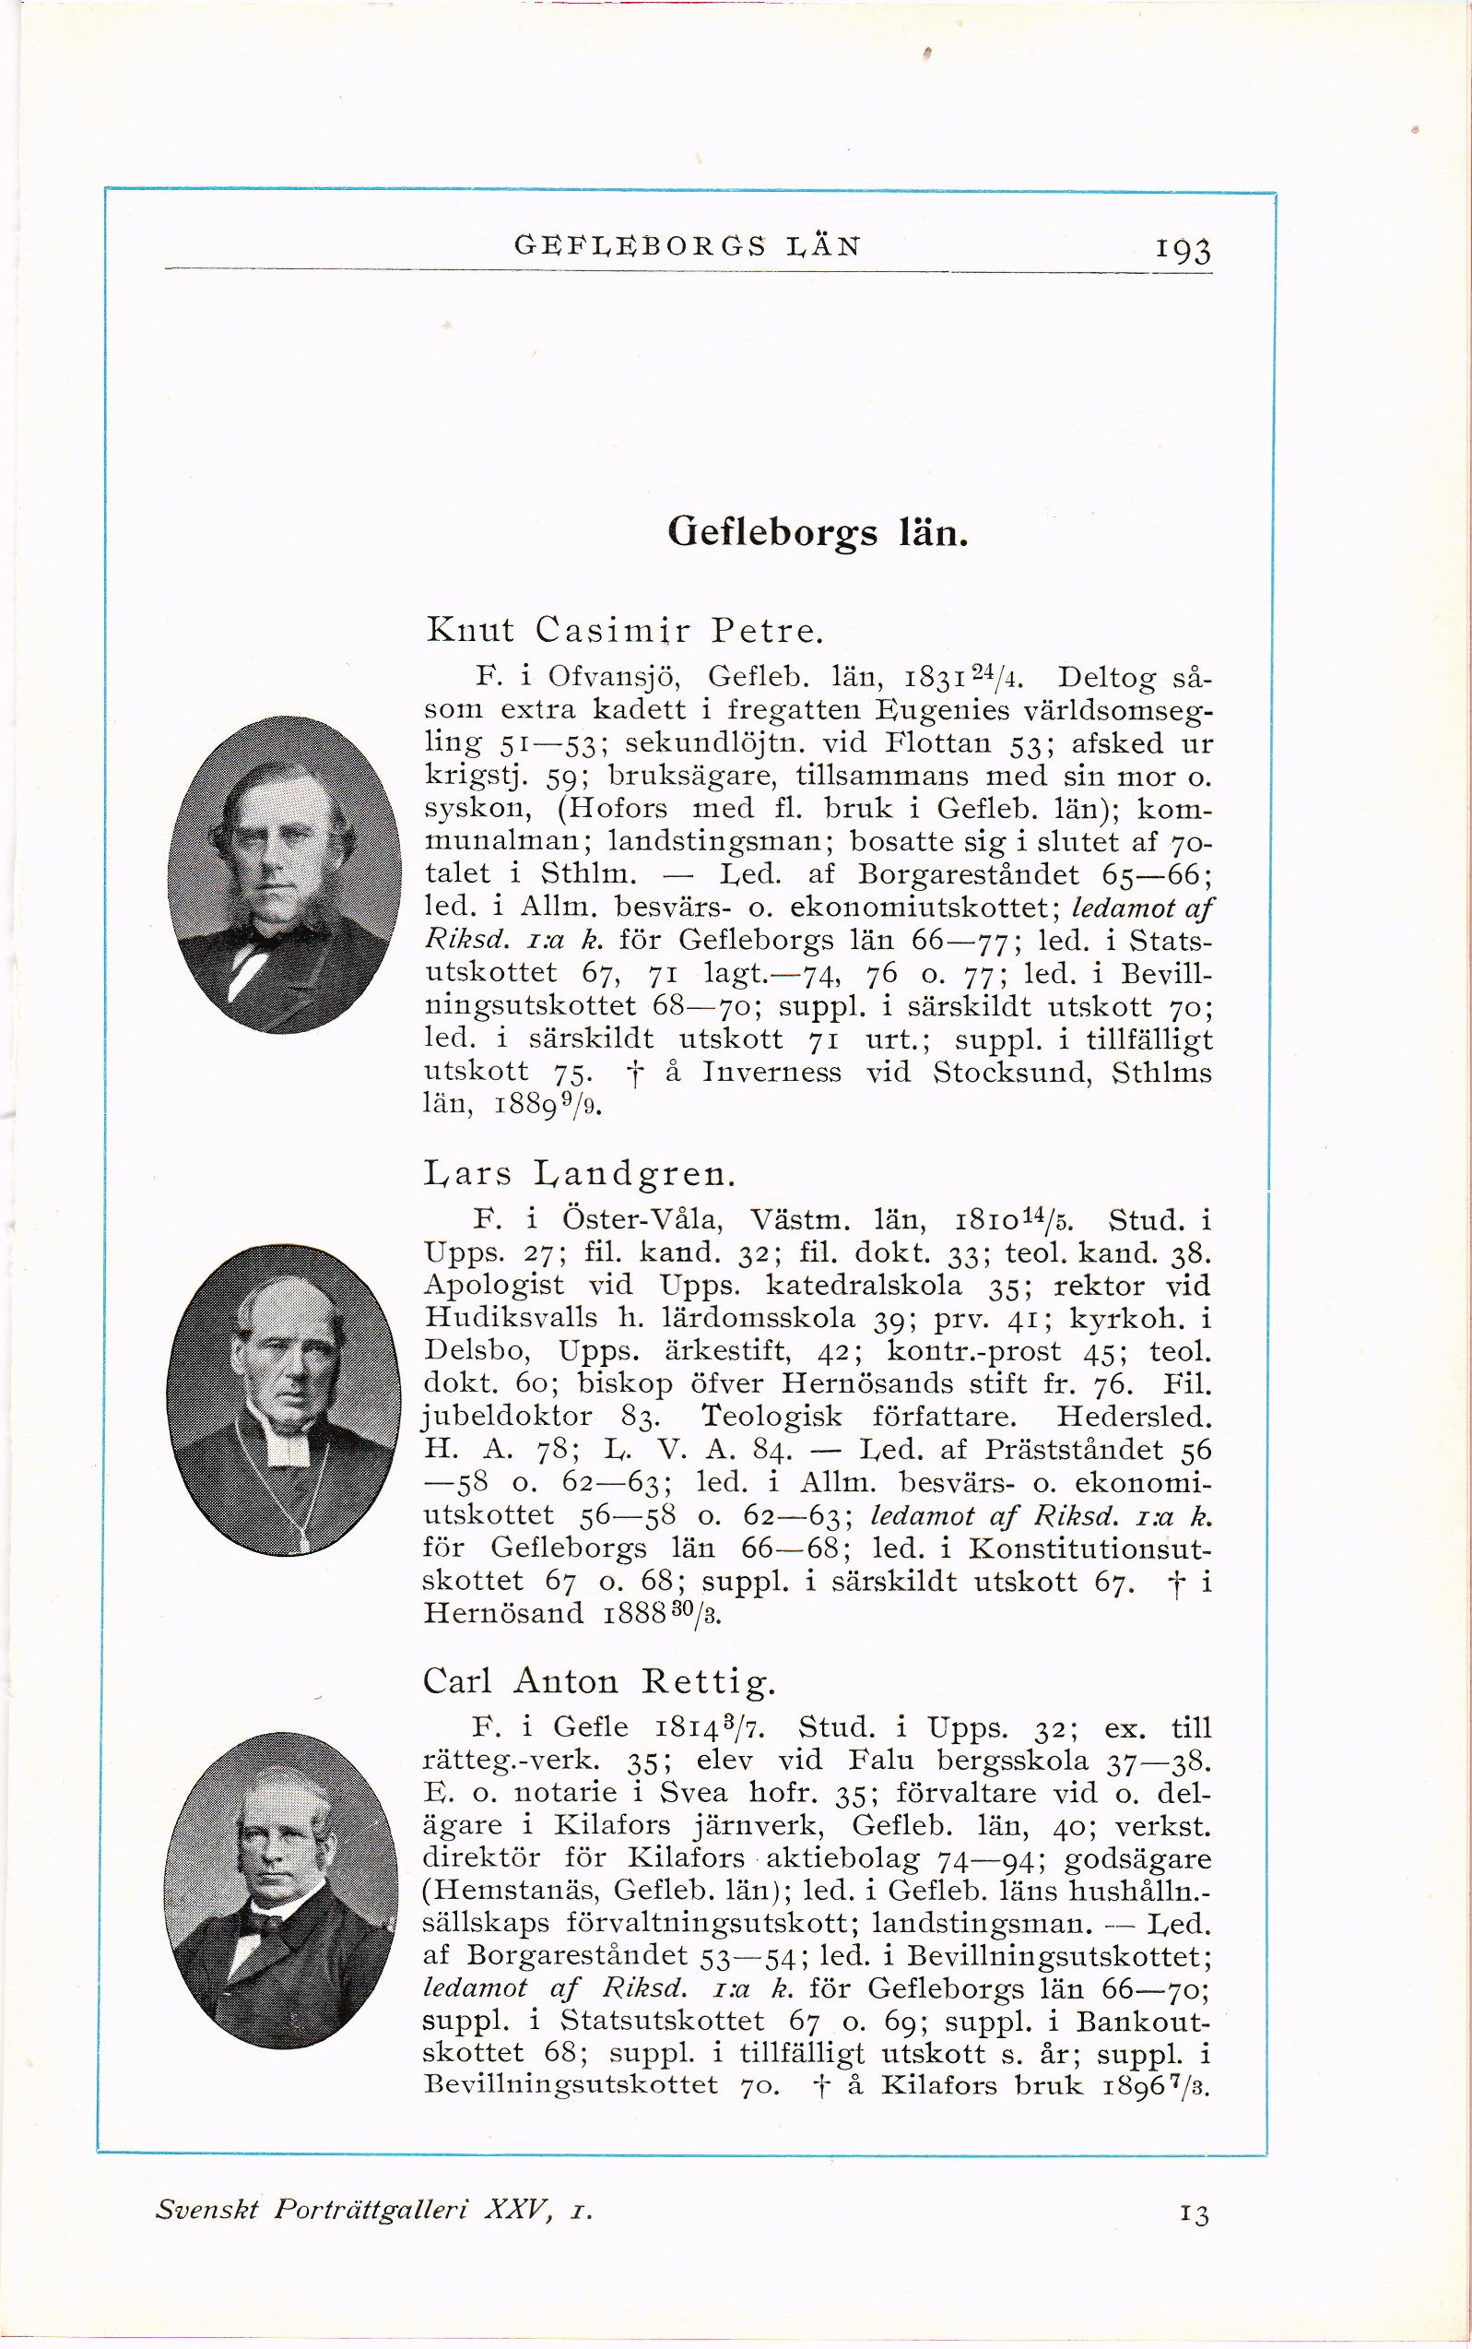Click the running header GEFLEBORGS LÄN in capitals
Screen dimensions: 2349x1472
coord(688,246)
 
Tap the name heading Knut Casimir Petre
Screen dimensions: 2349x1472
coord(625,630)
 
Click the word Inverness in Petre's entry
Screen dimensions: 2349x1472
coord(772,1074)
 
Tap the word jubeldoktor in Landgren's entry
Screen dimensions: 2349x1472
coord(508,1417)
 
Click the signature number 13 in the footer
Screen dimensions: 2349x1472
coord(1194,2234)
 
